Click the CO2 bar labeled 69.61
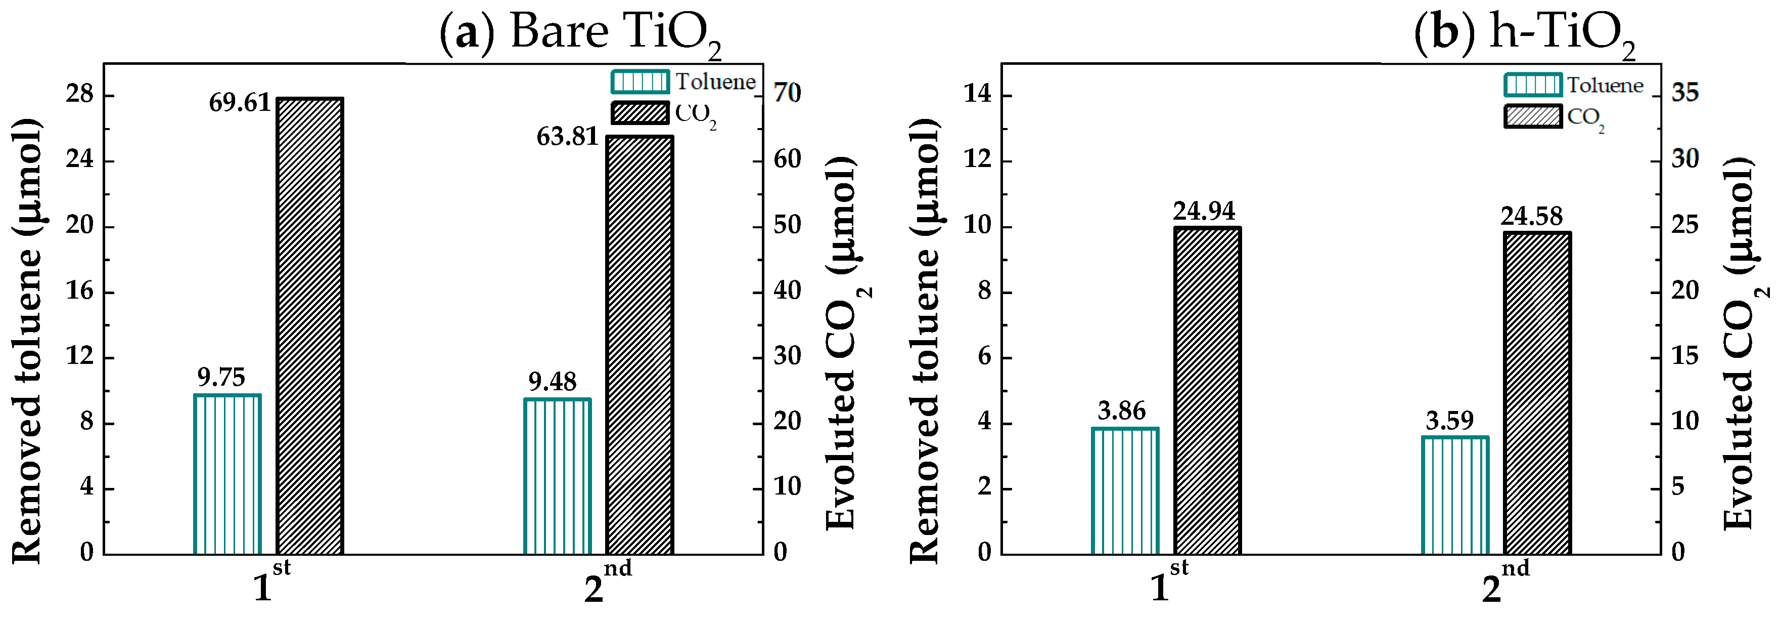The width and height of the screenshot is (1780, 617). tap(309, 325)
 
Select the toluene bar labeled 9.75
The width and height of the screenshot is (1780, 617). tap(227, 474)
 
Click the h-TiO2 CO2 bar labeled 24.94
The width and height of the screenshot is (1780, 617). tap(1207, 390)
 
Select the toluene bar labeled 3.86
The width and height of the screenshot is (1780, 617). tap(1125, 490)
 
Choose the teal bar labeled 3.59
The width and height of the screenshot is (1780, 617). tap(1454, 495)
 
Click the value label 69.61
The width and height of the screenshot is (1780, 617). tap(240, 103)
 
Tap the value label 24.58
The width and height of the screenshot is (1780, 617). tap(1531, 217)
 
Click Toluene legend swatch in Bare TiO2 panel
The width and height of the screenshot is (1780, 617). tap(640, 81)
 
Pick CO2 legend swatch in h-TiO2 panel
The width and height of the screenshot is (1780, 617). tap(1533, 116)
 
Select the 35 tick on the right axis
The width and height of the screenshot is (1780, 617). tap(1684, 93)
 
